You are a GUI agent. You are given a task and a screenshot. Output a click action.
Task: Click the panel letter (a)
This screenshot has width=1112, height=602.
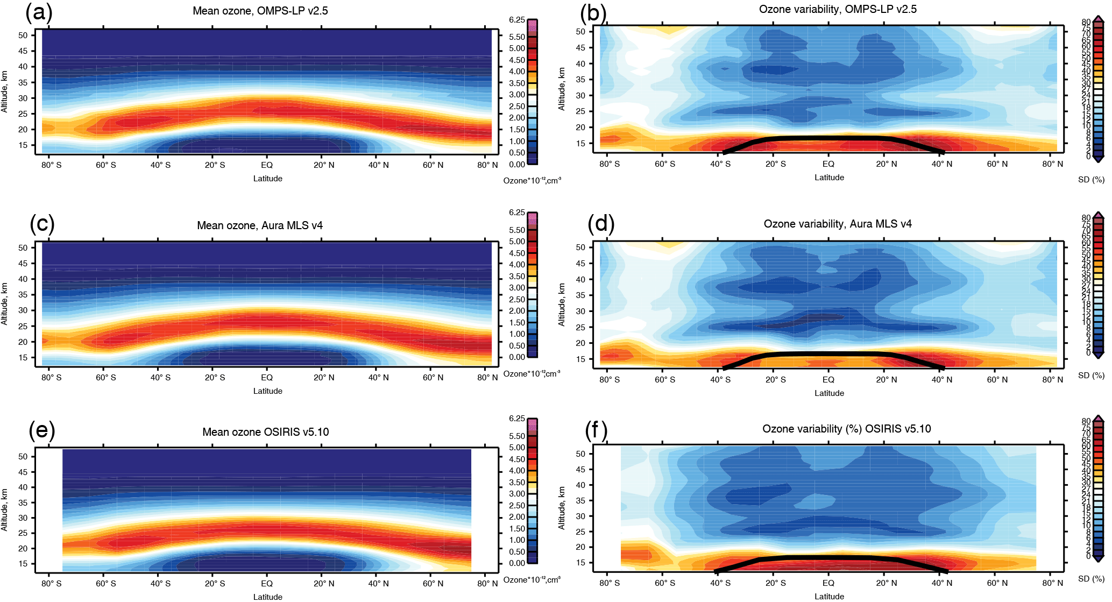pyautogui.click(x=39, y=12)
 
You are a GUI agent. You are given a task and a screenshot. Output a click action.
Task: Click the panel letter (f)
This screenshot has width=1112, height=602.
pyautogui.click(x=596, y=430)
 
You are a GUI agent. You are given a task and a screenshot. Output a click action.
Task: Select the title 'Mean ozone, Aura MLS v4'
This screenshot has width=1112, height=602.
pyautogui.click(x=260, y=225)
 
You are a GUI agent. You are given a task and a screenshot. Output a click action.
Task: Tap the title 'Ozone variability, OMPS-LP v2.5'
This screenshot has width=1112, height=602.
pyautogui.click(x=838, y=9)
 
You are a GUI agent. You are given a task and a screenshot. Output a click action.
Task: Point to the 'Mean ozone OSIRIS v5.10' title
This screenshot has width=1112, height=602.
pyautogui.click(x=265, y=432)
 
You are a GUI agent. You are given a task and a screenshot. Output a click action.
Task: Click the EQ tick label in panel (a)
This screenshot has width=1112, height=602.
pyautogui.click(x=267, y=165)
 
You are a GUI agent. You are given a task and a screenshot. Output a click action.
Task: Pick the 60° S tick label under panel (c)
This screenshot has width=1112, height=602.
pyautogui.click(x=106, y=378)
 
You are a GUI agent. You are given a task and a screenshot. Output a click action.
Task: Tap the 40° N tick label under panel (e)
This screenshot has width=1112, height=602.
pyautogui.click(x=379, y=584)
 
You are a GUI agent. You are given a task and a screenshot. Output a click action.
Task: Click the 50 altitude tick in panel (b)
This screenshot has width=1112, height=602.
pyautogui.click(x=580, y=31)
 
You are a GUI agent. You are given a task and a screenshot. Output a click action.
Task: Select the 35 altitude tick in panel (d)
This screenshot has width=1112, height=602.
pyautogui.click(x=580, y=295)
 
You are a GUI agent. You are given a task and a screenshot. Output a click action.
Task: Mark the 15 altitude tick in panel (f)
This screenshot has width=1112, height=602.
pyautogui.click(x=580, y=563)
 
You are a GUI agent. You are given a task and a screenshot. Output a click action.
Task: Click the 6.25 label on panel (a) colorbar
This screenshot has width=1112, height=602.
pyautogui.click(x=516, y=20)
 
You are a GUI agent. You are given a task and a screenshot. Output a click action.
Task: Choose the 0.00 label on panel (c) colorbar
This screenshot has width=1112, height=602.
pyautogui.click(x=516, y=357)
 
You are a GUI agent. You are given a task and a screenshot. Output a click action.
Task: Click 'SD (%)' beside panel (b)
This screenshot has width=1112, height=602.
pyautogui.click(x=1091, y=180)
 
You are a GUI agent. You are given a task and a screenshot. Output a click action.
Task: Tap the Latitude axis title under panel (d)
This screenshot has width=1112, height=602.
pyautogui.click(x=829, y=393)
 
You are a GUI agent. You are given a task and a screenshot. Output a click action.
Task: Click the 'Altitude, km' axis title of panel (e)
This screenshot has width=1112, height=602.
pyautogui.click(x=5, y=510)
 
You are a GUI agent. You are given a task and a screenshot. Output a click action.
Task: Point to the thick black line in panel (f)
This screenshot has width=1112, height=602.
pyautogui.click(x=828, y=558)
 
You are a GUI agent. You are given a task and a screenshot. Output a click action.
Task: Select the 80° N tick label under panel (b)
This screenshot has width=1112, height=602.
pyautogui.click(x=1053, y=164)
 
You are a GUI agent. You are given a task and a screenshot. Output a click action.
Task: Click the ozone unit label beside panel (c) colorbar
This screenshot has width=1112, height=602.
pyautogui.click(x=532, y=374)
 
